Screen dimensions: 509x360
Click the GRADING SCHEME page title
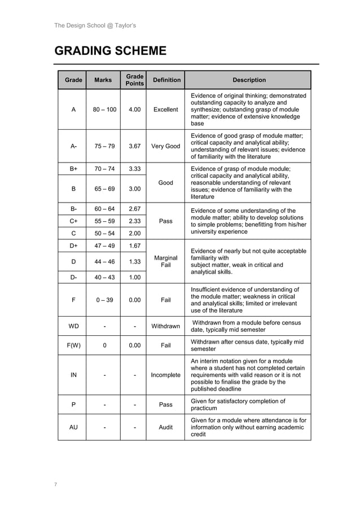pos(110,51)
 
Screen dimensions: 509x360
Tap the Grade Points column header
pos(135,80)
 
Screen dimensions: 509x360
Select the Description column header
pos(248,80)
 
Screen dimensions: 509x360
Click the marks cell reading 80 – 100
pos(105,109)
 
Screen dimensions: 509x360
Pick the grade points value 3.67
pos(135,146)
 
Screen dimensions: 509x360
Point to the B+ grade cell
pos(73,169)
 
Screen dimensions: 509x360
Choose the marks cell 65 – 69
pos(105,188)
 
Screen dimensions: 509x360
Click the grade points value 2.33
pos(135,221)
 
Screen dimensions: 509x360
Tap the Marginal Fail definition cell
pos(166,261)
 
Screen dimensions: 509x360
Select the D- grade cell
pos(73,277)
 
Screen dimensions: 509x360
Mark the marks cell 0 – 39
pos(105,300)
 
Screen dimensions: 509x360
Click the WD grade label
pos(73,326)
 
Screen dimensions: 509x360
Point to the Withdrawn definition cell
pos(166,326)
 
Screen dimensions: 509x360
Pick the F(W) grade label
pos(73,345)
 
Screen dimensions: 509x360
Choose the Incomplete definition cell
pos(166,375)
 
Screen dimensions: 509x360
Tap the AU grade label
pos(73,428)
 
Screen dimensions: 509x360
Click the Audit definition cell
pos(166,428)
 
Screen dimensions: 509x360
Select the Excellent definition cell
pos(166,109)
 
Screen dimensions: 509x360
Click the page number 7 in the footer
pos(56,484)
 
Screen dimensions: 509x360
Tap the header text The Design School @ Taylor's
pos(95,25)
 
